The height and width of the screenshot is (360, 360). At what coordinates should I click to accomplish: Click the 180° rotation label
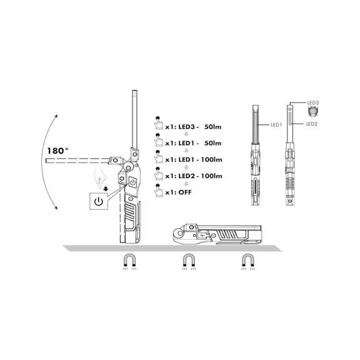(x=57, y=151)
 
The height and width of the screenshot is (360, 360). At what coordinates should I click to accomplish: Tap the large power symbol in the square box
(x=99, y=201)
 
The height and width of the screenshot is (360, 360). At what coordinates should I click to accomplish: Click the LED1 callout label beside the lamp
(x=276, y=124)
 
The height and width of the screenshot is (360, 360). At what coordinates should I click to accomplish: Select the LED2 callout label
(x=312, y=124)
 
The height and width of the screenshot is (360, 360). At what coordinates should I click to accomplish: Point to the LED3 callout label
(x=313, y=102)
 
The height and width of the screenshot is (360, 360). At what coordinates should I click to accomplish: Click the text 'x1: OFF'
(x=178, y=192)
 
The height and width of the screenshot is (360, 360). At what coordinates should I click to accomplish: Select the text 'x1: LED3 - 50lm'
(x=193, y=127)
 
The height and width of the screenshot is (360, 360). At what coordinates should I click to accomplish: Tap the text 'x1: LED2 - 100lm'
(x=194, y=176)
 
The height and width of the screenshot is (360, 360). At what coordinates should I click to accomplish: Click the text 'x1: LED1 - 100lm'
(x=194, y=159)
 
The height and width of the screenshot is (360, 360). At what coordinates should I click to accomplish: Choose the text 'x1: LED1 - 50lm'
(x=193, y=143)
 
